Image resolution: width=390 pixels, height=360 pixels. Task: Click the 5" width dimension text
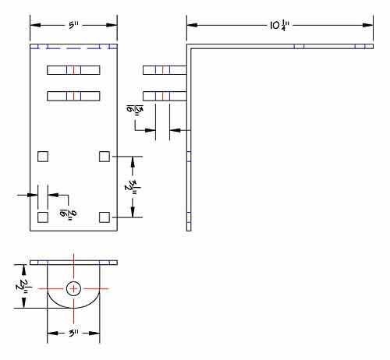[73, 25]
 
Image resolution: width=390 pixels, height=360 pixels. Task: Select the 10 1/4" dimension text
[278, 25]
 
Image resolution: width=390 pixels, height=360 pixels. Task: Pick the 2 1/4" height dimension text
[27, 286]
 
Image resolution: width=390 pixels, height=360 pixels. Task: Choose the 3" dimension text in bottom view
[73, 334]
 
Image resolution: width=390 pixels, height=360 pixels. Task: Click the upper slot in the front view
[73, 70]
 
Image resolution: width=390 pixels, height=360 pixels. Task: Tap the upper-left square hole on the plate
[43, 157]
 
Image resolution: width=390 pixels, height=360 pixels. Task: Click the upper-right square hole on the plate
[105, 157]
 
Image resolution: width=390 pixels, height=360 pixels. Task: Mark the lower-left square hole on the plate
[43, 216]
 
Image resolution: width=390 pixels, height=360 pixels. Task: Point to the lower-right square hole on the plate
[105, 216]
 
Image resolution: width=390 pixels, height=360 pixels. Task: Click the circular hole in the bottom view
[73, 289]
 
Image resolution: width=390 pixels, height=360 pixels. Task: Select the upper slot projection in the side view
[164, 70]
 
